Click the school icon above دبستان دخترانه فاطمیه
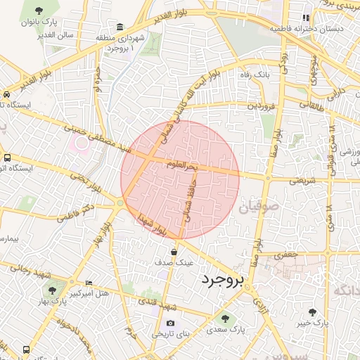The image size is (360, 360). [x=305, y=18]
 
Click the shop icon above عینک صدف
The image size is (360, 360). [x=173, y=251]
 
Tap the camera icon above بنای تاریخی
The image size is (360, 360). [x=170, y=323]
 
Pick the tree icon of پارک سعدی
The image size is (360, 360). [x=225, y=319]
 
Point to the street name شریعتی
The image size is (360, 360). [x=295, y=180]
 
